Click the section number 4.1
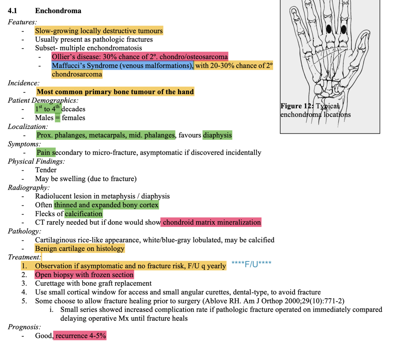coord(12,11)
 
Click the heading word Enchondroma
coord(58,11)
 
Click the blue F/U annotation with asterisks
coord(251,264)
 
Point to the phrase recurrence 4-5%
coord(80,336)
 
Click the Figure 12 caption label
coord(297,106)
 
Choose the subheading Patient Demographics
coord(43,100)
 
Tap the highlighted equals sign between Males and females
coord(58,118)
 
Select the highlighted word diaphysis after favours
coord(217,135)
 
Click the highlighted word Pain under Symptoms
coord(44,153)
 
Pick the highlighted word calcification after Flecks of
coord(84,214)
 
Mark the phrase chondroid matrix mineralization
coord(211,222)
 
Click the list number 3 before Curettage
coord(24,284)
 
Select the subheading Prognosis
coord(24,327)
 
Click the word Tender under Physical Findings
coord(46,170)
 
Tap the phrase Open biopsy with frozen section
coord(84,275)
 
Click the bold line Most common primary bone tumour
coord(115,92)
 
